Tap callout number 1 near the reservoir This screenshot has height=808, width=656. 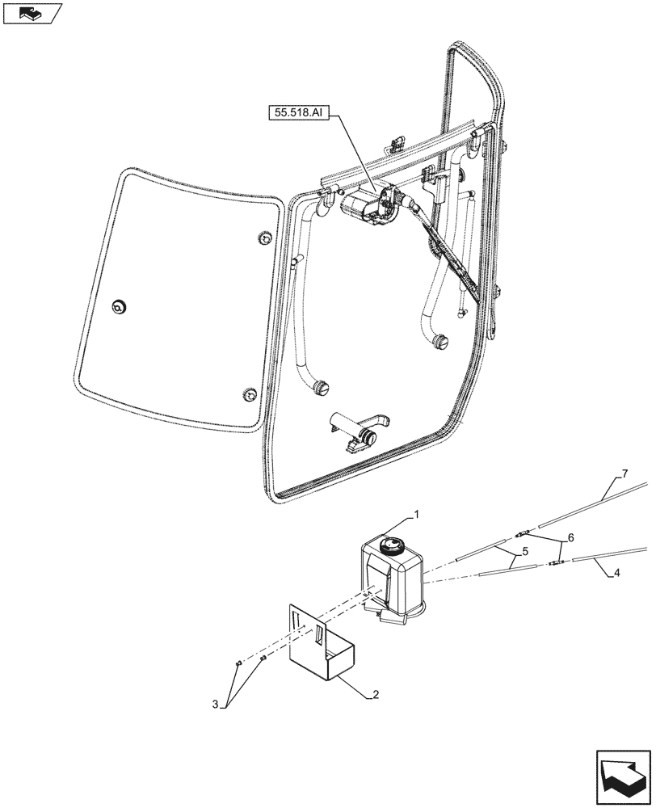(416, 514)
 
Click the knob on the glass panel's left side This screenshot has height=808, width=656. (121, 305)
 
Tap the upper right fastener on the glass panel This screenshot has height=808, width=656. (263, 238)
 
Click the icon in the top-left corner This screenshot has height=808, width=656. (31, 13)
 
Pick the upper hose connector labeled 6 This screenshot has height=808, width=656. (523, 532)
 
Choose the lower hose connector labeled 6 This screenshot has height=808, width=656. (555, 563)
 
